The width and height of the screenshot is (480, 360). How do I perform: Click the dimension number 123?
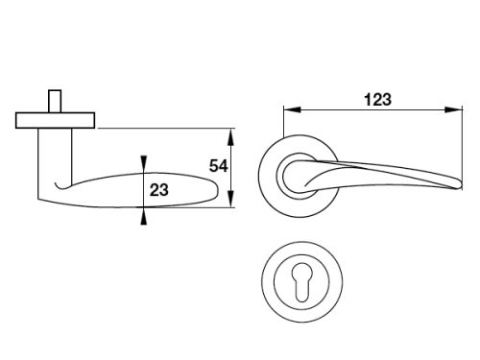[x=377, y=100]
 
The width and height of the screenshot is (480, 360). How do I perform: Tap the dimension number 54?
[x=219, y=166]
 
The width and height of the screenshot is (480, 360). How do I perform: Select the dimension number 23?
[x=159, y=190]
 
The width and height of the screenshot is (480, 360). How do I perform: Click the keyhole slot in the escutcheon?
[x=301, y=282]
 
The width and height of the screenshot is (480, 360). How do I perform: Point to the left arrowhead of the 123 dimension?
[x=292, y=109]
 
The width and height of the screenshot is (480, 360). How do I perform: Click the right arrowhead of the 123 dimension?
[x=454, y=109]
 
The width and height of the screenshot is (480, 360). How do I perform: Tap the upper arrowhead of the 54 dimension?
[x=231, y=137]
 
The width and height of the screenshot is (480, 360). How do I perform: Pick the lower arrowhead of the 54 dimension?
[x=231, y=199]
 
